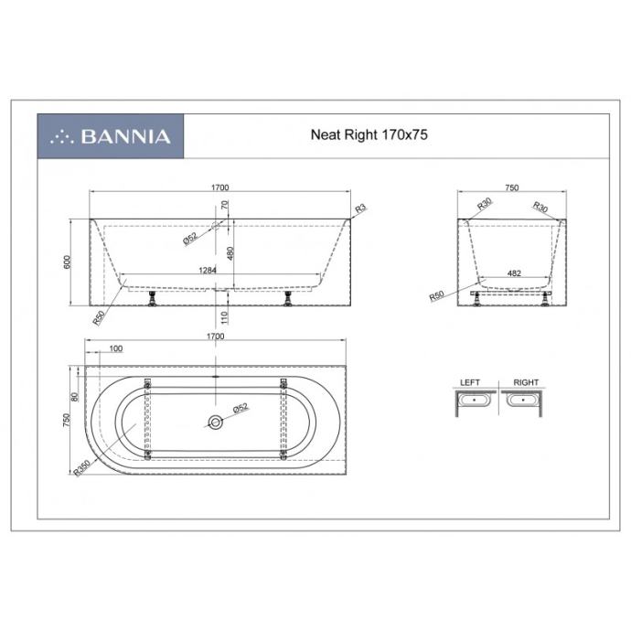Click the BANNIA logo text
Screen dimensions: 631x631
(126, 136)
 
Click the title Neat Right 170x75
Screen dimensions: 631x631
(369, 134)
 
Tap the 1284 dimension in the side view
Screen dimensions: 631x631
(208, 270)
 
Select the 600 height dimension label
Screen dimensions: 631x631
(67, 262)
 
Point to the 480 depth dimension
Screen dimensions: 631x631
(230, 253)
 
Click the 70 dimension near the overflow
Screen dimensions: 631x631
(225, 205)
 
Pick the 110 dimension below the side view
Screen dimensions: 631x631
(224, 317)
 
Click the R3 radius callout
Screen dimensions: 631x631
(360, 209)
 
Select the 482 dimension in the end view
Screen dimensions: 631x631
(514, 273)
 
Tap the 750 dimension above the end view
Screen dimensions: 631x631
(511, 187)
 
